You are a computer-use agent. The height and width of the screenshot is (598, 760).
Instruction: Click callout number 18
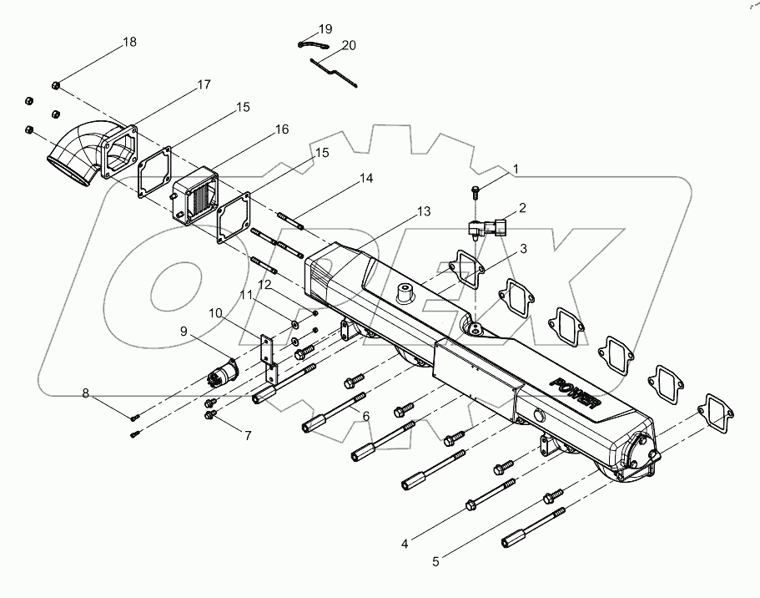129,42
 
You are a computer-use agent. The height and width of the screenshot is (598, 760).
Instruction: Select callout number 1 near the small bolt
516,169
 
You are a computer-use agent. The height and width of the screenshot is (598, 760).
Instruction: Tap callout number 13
424,211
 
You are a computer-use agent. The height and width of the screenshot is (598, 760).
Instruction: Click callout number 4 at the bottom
405,544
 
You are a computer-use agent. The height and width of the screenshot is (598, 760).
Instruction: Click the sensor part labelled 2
489,228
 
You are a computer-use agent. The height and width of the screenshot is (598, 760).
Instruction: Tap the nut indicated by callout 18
56,84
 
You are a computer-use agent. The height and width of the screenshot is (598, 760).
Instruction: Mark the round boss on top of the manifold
404,295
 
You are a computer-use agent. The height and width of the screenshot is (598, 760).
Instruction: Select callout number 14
366,179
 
